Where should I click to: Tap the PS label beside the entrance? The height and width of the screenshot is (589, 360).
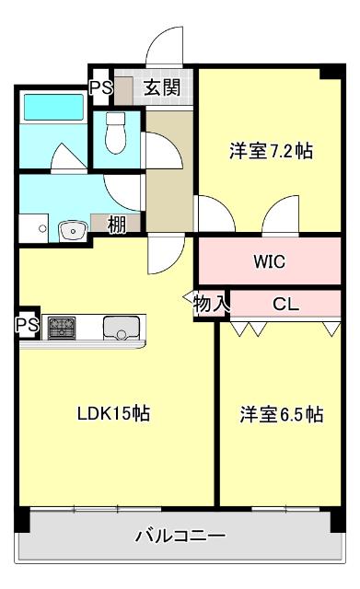[99, 88]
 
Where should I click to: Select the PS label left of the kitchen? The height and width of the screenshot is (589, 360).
[25, 325]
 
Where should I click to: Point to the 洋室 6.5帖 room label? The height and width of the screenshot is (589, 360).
[282, 414]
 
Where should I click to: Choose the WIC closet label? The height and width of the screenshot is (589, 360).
[270, 261]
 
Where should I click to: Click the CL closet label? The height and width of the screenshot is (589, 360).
[285, 304]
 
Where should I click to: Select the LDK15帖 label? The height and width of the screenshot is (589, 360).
[113, 414]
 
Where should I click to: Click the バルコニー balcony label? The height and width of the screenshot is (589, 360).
[180, 535]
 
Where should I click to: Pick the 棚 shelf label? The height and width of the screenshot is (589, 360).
[117, 224]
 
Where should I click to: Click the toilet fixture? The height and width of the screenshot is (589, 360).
[115, 134]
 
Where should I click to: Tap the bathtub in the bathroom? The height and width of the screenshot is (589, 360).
[52, 107]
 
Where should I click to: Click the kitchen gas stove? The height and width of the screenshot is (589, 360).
[62, 326]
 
